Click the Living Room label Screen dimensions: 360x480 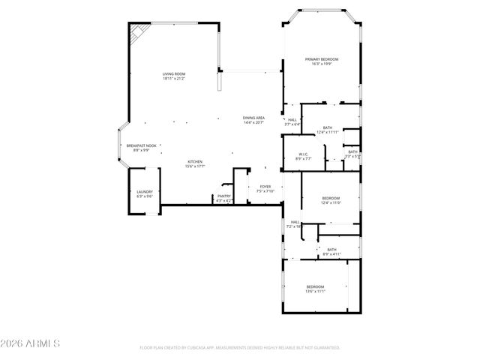click(174, 73)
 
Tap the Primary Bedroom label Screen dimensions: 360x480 click(321, 59)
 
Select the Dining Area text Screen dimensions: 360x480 click(253, 118)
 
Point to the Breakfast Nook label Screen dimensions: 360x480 click(141, 145)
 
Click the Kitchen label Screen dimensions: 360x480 click(195, 162)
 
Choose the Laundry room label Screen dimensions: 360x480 click(145, 192)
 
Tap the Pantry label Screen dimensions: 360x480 click(224, 196)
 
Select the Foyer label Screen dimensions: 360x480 click(265, 186)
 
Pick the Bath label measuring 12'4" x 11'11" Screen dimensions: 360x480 click(328, 127)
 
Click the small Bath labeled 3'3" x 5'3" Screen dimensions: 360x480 click(352, 152)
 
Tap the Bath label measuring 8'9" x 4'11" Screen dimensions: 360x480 click(331, 250)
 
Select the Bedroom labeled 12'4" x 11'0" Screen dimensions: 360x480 click(331, 198)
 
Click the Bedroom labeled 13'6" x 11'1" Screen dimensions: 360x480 click(315, 287)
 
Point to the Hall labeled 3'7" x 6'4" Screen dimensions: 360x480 click(292, 120)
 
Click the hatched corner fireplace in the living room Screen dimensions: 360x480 click(136, 33)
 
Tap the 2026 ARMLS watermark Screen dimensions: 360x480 click(30, 344)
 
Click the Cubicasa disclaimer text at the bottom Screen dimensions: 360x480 click(240, 348)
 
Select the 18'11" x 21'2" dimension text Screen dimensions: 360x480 click(174, 78)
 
